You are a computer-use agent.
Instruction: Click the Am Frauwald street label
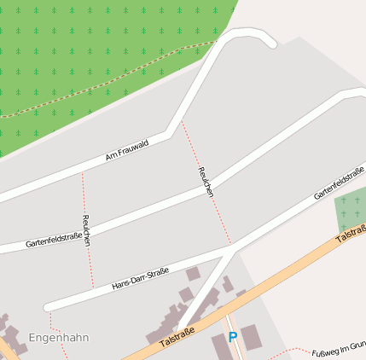126,151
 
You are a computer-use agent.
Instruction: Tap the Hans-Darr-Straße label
140,279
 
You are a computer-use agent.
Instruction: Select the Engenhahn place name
59,338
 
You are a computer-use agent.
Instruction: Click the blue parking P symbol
232,337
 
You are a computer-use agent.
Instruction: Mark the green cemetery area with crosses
350,207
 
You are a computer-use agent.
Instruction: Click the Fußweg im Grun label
338,349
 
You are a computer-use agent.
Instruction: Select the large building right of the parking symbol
252,337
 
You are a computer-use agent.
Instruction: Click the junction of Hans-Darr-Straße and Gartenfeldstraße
232,249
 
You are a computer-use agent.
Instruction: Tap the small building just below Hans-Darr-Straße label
193,274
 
